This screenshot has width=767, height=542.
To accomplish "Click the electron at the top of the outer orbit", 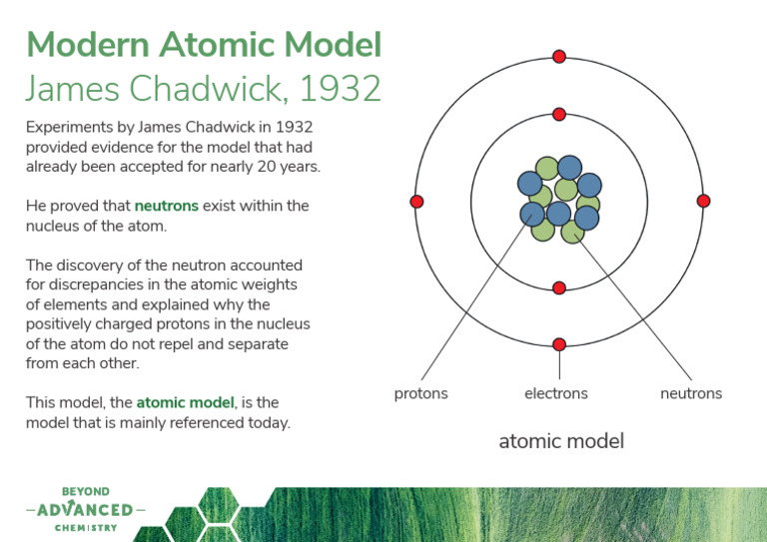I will coord(559,56).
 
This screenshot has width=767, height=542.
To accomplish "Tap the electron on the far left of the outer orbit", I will coord(417,202).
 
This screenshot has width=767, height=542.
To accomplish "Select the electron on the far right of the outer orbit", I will coord(703,201).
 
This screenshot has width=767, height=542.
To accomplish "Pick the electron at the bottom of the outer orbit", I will coord(559,344).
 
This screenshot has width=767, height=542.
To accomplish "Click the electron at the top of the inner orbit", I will coord(559,114).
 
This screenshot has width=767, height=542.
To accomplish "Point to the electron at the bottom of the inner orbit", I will coord(559,287).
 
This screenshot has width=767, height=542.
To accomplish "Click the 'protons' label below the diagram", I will coord(421,393).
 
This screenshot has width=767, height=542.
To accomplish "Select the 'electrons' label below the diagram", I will coord(556,393).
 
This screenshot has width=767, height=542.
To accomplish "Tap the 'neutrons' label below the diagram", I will coord(691,393).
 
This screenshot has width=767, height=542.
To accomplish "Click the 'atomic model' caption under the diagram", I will coord(561,440).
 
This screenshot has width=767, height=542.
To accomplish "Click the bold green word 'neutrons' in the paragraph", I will coord(167,206).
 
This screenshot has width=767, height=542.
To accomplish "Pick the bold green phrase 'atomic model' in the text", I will coord(185,403).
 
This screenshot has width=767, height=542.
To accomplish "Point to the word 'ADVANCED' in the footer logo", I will coord(85,510).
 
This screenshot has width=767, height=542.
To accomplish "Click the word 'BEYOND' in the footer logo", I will coord(86,492).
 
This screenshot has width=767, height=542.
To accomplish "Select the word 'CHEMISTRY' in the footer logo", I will coord(86,528).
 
